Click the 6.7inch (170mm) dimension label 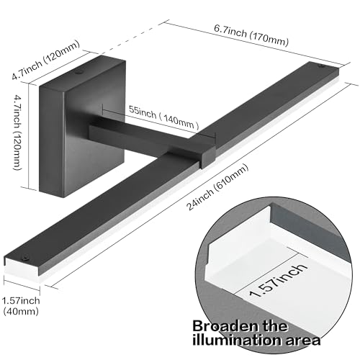(251, 35)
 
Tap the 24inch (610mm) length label (217, 187)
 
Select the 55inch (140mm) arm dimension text (164, 117)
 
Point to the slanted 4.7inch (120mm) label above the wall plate (45, 60)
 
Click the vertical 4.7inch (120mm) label (20, 132)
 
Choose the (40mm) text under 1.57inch (21, 312)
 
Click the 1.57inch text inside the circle (279, 280)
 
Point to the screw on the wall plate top (78, 72)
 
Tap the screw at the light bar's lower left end (24, 258)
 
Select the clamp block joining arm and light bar (208, 156)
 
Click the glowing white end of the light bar (21, 271)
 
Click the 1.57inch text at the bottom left (21, 300)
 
